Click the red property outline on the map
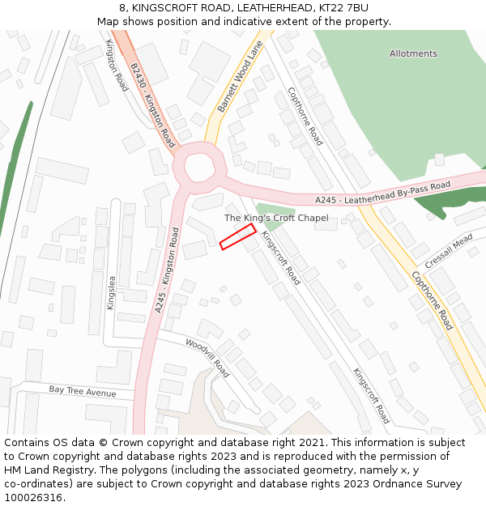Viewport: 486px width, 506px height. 238,236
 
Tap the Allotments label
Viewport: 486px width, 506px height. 413,53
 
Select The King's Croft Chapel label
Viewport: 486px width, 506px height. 276,218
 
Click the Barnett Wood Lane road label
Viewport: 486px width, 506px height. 241,79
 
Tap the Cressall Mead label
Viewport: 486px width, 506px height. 449,251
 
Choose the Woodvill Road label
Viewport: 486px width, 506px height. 208,358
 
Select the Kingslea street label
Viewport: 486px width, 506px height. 112,293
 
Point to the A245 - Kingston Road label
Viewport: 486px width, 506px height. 166,270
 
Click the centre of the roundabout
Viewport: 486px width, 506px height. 198,168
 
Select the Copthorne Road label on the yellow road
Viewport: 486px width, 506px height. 432,300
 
